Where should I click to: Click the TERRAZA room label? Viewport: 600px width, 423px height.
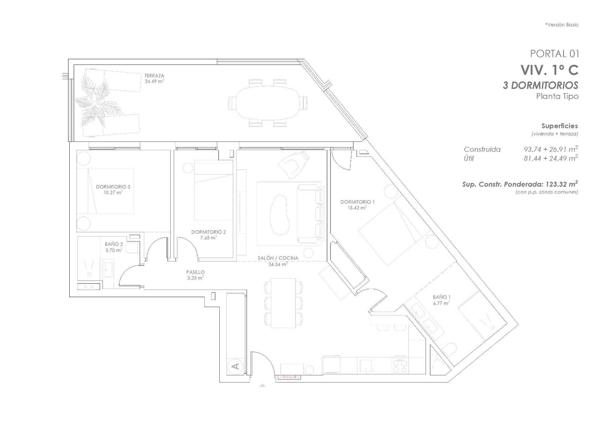(x=154, y=76)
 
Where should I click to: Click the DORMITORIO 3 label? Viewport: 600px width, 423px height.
(x=113, y=187)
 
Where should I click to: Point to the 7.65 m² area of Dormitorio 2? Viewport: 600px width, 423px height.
(x=208, y=238)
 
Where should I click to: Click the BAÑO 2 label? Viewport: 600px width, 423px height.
(x=114, y=244)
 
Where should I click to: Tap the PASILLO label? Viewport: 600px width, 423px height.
(x=195, y=272)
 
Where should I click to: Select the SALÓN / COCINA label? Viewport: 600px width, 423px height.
(x=278, y=258)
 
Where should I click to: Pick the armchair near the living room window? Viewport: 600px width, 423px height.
(x=293, y=165)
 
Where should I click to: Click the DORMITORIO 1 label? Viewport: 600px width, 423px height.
(x=357, y=202)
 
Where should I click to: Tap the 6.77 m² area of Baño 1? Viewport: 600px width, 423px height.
(x=441, y=304)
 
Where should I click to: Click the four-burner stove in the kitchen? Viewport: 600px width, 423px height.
(x=400, y=366)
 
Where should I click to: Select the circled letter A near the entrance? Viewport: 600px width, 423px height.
(x=235, y=366)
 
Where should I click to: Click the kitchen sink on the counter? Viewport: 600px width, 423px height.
(x=366, y=365)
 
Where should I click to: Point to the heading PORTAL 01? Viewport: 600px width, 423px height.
(x=554, y=54)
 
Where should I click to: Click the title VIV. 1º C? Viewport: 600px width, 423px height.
(x=549, y=70)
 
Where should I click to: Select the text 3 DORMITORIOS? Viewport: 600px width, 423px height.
(x=540, y=85)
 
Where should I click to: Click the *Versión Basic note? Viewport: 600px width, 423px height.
(x=561, y=25)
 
